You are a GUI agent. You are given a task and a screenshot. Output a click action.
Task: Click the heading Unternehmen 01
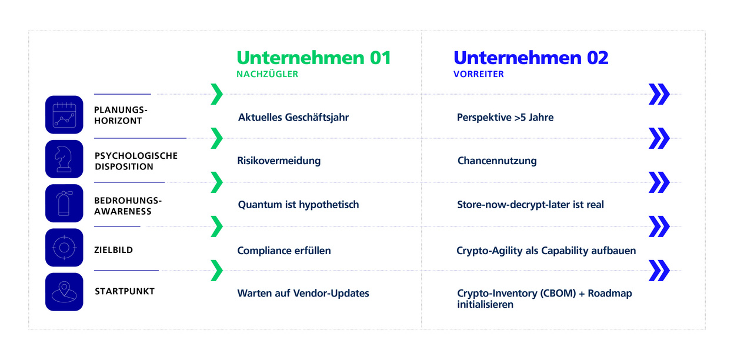313,58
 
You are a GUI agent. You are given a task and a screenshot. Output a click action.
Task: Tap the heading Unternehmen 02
531,58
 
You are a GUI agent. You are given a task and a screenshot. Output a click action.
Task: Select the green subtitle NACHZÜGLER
268,74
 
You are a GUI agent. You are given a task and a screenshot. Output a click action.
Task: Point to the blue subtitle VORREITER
478,74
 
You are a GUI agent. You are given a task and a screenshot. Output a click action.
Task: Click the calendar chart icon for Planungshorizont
64,115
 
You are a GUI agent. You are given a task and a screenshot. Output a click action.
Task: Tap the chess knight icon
64,159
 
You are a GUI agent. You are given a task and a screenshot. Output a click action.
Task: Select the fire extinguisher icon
64,204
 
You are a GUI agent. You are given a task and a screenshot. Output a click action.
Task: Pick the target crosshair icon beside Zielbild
64,248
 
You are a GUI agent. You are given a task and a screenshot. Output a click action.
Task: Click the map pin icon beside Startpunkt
64,292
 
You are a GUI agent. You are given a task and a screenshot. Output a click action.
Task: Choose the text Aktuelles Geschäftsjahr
293,118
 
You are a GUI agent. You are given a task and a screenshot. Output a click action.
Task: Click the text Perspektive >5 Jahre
505,118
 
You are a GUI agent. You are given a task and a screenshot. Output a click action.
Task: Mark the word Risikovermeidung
279,161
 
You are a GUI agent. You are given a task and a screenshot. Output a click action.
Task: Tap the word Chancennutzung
497,161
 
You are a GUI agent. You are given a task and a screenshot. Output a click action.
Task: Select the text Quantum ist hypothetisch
298,205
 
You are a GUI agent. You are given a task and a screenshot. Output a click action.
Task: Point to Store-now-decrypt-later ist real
530,205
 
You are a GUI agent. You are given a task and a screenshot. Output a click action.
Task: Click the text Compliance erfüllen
283,251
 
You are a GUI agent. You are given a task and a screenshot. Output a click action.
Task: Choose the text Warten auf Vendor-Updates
303,293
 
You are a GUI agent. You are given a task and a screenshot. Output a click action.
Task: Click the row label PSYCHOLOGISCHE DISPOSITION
136,161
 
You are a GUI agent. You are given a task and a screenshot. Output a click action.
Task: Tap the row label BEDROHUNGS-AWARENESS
128,206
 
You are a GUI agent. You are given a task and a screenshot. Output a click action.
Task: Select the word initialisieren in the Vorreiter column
485,305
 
